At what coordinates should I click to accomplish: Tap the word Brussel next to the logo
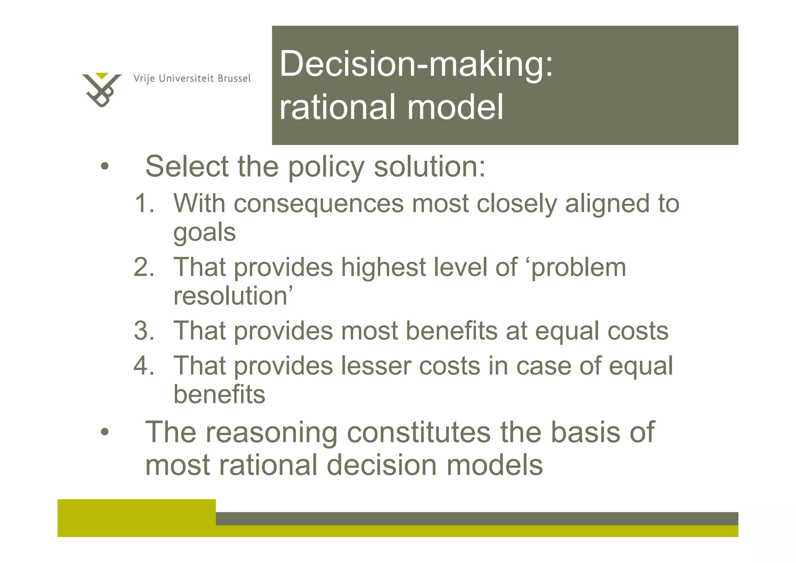click(x=234, y=79)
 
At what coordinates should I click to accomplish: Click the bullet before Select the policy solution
click(x=104, y=167)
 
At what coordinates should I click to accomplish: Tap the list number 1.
click(x=143, y=203)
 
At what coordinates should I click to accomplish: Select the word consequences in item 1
click(x=319, y=204)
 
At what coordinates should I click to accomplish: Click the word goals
click(x=204, y=233)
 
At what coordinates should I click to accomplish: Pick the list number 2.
click(x=143, y=267)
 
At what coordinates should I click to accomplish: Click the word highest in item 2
click(x=383, y=267)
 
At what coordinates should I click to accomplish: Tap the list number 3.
click(x=143, y=331)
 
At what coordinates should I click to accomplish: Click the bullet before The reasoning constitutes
click(x=104, y=432)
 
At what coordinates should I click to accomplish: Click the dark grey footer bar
click(x=476, y=519)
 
